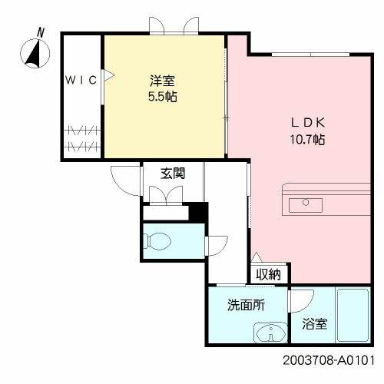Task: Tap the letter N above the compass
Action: (40, 31)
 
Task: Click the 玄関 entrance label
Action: (171, 173)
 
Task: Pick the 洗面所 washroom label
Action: (245, 305)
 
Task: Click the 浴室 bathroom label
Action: (316, 324)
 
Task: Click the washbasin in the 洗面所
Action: (268, 335)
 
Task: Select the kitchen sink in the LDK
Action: (310, 202)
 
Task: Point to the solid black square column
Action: (199, 211)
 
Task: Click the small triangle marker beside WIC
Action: (108, 75)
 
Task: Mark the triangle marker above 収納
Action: (256, 258)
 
